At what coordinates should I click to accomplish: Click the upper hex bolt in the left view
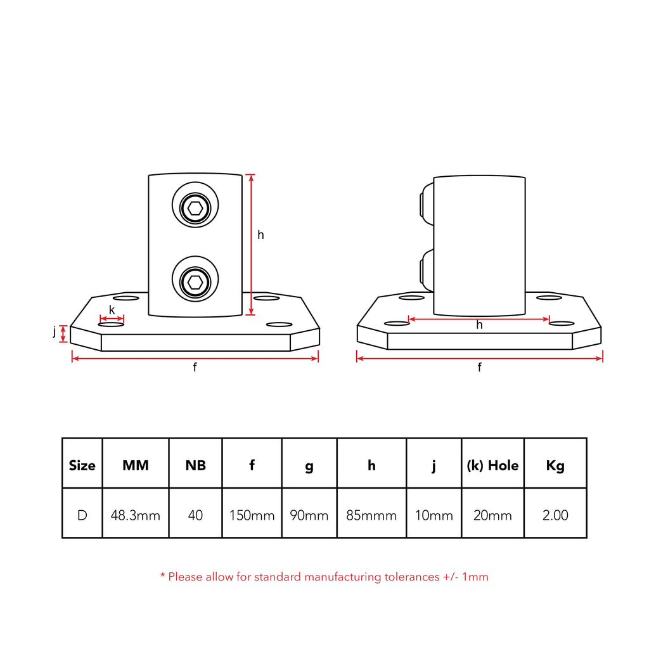195,205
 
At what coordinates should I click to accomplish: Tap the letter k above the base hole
112,309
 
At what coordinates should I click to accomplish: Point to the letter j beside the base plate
55,331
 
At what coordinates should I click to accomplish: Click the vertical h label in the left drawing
260,235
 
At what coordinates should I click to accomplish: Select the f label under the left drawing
195,367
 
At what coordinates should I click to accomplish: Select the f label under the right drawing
479,367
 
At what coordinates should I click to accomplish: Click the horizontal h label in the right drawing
479,325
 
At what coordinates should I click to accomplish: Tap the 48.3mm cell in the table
136,515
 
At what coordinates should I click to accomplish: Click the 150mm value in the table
252,515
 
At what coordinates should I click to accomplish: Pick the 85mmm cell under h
371,515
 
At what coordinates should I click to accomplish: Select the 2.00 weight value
555,515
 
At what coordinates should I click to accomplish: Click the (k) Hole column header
492,466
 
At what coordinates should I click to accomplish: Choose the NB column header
195,466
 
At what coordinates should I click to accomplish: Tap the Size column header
82,466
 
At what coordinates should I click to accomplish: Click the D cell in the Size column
82,515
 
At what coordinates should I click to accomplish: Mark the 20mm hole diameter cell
492,515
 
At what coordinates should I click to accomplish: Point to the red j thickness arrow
63,333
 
